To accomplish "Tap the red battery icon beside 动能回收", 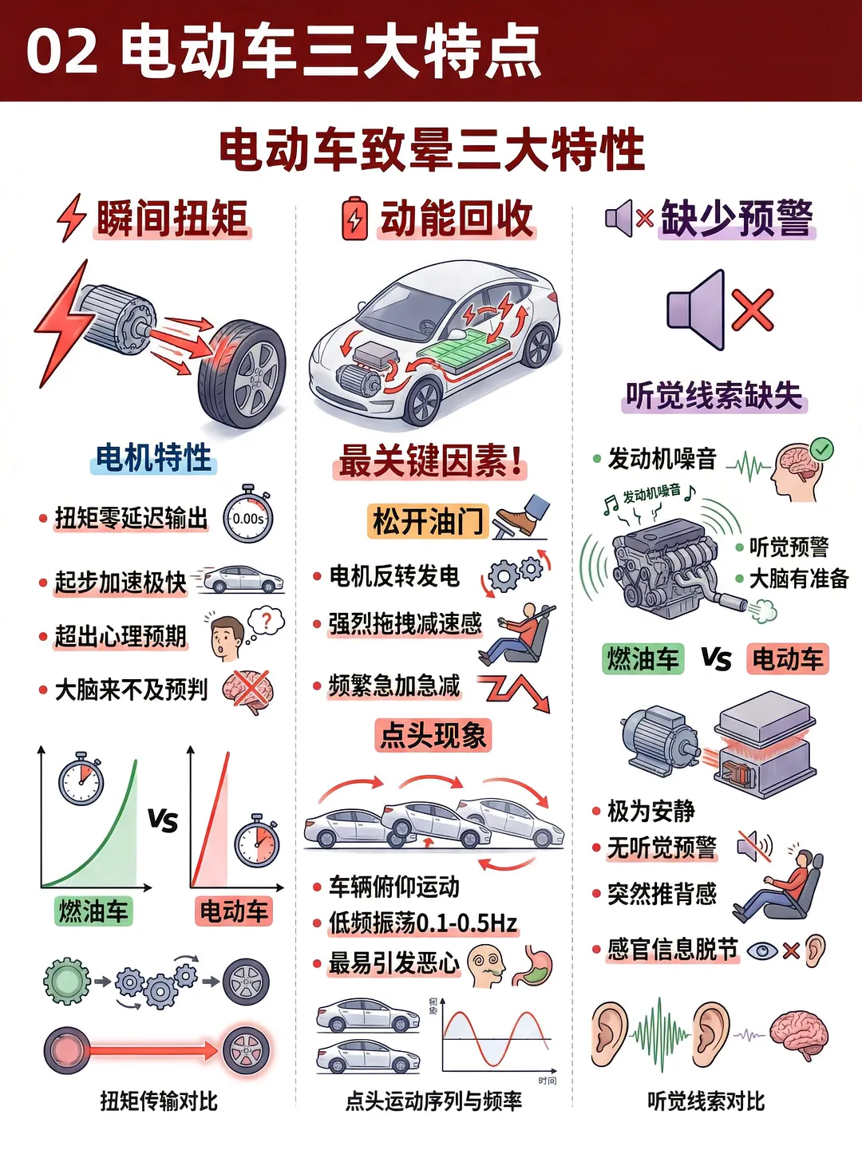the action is click(x=355, y=219).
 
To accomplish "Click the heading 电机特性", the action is click(x=153, y=457).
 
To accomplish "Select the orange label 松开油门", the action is click(x=427, y=521).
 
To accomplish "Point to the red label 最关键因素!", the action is click(x=430, y=461).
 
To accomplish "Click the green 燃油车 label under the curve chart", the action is click(x=93, y=911).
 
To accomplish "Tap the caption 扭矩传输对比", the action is click(x=159, y=1101).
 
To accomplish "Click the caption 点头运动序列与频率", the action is click(x=433, y=1101).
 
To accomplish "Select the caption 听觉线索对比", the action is click(x=706, y=1101).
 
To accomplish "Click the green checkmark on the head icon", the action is click(x=821, y=449).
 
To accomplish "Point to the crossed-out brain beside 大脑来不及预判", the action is click(x=248, y=690).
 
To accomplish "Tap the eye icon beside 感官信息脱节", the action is click(x=762, y=950).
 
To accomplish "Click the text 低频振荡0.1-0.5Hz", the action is click(x=423, y=923).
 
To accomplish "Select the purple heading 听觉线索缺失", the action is click(x=714, y=395).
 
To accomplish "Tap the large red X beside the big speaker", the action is click(x=752, y=310).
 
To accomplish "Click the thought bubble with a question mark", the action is click(x=267, y=621).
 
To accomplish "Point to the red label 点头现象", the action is click(x=433, y=734).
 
